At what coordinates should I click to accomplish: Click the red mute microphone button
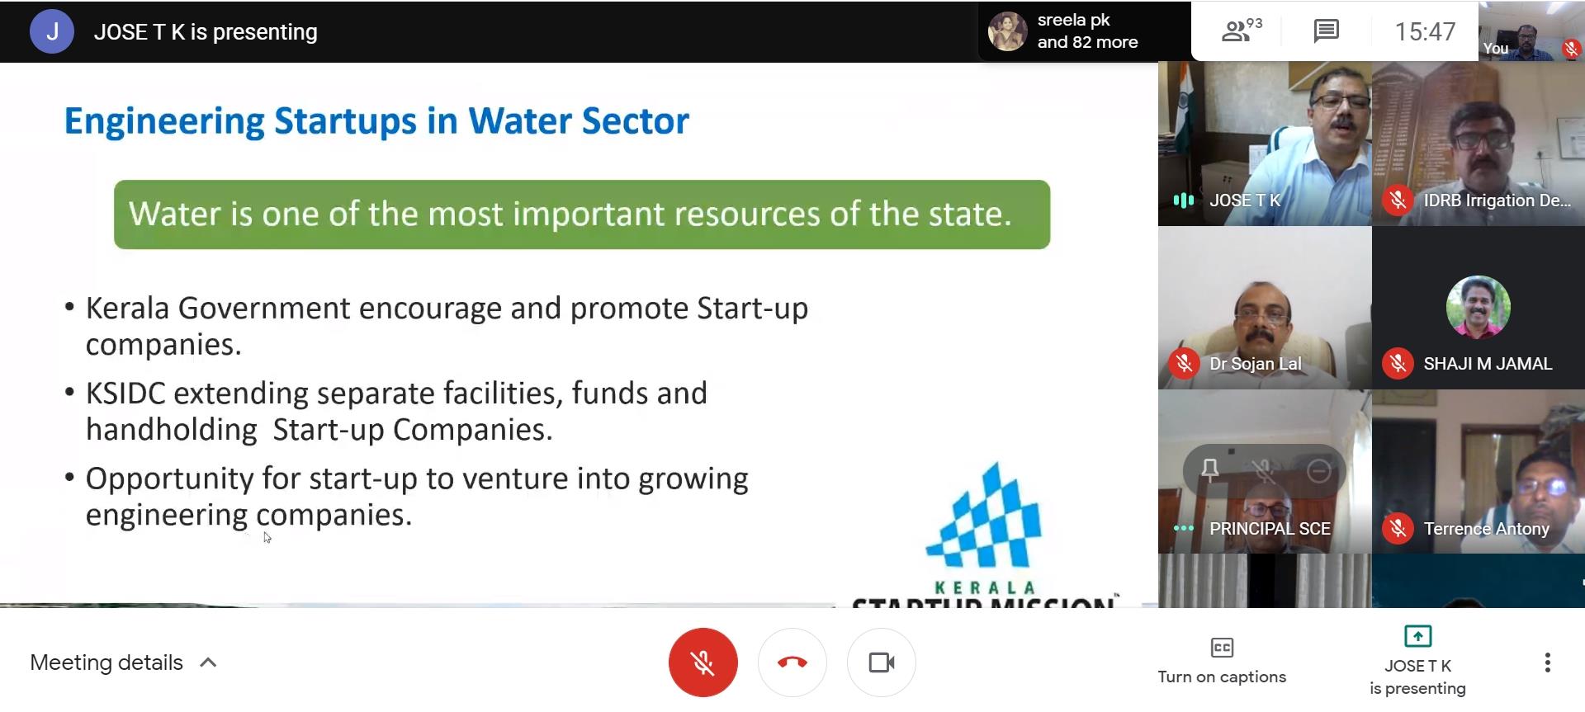pos(703,662)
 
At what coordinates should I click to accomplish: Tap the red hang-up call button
pos(792,662)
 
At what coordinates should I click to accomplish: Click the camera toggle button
pos(882,662)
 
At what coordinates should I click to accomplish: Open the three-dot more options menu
pos(1547,662)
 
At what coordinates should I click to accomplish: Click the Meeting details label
pos(106,662)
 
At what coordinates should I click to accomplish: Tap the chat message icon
pos(1326,31)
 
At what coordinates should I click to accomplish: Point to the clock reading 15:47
pos(1425,31)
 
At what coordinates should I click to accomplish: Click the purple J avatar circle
pos(52,31)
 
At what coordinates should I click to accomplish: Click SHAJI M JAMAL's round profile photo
pos(1478,307)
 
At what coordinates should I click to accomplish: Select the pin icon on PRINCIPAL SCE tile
pos(1210,471)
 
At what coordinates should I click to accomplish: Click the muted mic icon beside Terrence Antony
pos(1398,528)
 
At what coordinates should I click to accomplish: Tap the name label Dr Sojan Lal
pos(1255,364)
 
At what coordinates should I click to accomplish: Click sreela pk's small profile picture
pos(1007,31)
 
